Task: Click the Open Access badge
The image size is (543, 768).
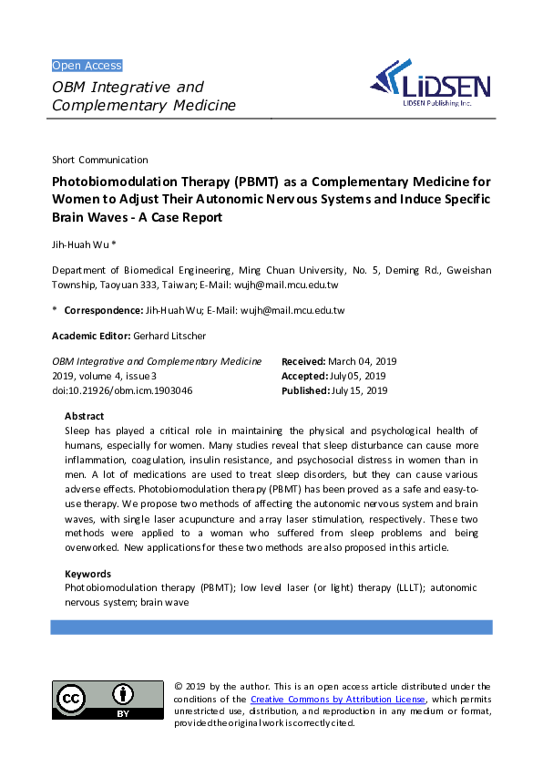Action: tap(87, 66)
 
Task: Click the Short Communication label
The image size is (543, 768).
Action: tap(100, 160)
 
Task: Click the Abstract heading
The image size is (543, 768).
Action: tap(84, 416)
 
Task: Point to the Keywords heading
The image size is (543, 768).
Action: tap(87, 574)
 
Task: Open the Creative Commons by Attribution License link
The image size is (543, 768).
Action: tap(337, 700)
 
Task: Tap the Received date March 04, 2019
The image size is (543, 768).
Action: tap(362, 361)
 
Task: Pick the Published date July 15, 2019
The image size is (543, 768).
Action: tap(358, 390)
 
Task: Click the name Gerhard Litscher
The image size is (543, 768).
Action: tap(173, 336)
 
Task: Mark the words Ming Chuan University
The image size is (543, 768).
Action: tap(291, 270)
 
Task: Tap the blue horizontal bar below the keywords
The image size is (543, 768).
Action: tap(271, 628)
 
